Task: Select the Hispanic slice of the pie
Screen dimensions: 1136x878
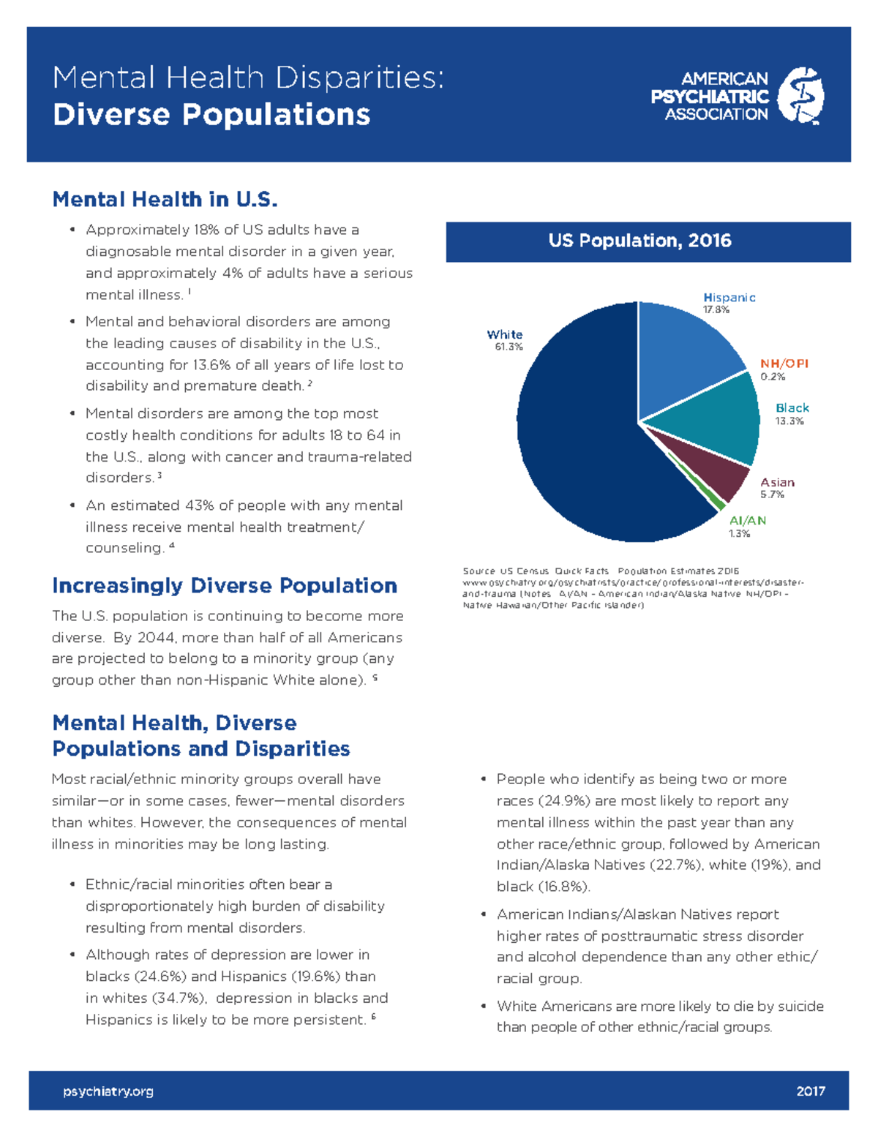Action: point(684,351)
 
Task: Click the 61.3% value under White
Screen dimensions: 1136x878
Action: point(509,347)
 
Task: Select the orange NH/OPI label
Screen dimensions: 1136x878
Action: point(784,364)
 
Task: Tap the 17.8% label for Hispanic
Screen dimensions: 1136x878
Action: point(716,309)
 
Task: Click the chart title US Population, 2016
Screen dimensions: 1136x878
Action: point(639,241)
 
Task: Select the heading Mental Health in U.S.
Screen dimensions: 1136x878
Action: point(165,199)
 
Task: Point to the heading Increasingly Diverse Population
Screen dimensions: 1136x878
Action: point(224,585)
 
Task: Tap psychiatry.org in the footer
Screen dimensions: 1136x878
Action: point(108,1091)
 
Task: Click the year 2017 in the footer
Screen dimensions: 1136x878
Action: point(810,1091)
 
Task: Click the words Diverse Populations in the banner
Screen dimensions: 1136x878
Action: point(211,115)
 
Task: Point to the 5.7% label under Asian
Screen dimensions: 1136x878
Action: point(772,494)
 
